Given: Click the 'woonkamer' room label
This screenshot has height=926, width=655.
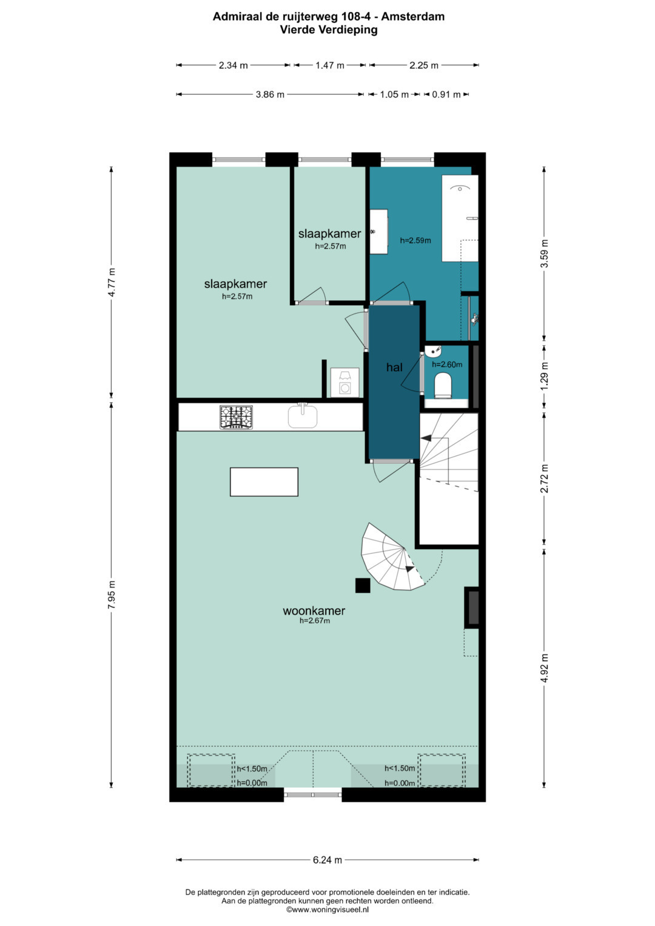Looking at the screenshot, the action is [314, 611].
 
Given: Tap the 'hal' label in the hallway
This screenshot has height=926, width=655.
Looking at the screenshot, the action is [394, 367].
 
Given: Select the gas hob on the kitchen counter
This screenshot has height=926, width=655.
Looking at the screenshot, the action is [236, 417].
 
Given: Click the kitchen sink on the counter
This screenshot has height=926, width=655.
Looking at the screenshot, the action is [303, 416].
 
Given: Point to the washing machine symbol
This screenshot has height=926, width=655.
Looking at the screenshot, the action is [344, 383].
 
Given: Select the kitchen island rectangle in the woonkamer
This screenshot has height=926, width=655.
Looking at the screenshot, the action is [264, 481].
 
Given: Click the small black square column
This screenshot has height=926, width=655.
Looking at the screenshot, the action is [363, 585].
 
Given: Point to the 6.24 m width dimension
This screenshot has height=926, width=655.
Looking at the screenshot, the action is [327, 859].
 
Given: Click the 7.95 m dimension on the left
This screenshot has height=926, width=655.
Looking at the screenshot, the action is [111, 594].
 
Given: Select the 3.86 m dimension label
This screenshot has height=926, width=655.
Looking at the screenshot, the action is [270, 94].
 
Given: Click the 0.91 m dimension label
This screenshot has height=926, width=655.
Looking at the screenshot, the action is [446, 94].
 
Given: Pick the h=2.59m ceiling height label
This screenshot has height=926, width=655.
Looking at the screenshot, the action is [415, 240].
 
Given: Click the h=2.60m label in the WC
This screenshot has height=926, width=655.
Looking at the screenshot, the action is [447, 364].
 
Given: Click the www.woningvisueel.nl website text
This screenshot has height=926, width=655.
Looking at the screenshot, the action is [327, 910].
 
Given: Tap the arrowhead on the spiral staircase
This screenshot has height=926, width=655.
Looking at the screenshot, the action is [409, 569].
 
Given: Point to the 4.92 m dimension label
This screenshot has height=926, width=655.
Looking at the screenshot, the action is [544, 669].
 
